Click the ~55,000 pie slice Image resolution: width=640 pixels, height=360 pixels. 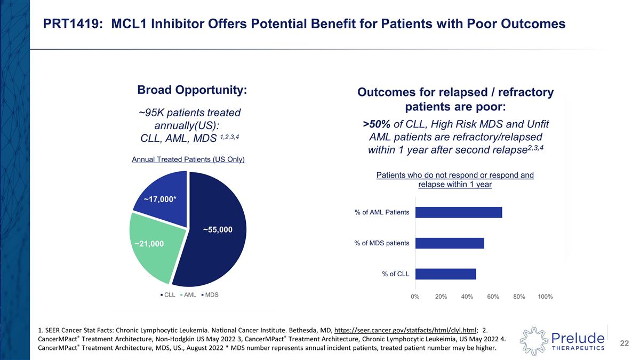click(x=219, y=235)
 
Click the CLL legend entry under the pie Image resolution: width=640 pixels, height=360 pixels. click(x=168, y=294)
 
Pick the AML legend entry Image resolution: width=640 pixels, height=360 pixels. click(x=189, y=294)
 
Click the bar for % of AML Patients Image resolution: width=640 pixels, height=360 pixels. click(x=458, y=212)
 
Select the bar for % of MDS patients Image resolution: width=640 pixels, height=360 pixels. click(x=449, y=243)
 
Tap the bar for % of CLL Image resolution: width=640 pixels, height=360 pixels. click(x=445, y=274)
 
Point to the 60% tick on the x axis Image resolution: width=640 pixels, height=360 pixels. click(x=493, y=297)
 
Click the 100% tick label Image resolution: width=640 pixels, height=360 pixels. click(x=545, y=297)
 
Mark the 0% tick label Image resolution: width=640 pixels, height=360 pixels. click(x=415, y=297)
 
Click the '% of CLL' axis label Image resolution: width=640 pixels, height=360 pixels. click(x=395, y=274)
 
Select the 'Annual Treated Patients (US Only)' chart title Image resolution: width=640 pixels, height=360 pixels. click(x=188, y=159)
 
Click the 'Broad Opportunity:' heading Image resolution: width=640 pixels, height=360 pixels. click(x=192, y=90)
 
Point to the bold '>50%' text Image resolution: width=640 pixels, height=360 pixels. click(x=377, y=124)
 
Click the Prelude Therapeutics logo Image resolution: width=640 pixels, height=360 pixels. click(x=562, y=338)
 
